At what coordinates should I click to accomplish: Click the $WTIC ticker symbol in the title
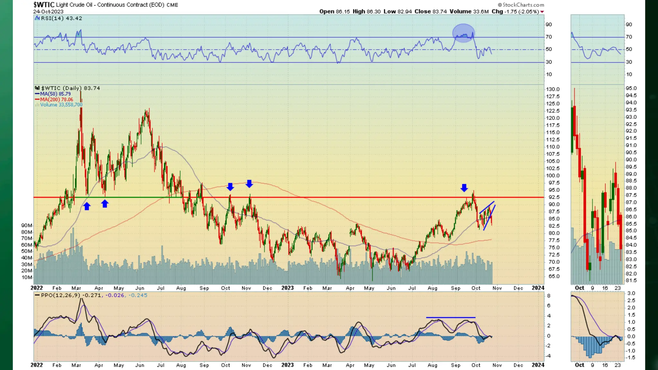[x=44, y=5]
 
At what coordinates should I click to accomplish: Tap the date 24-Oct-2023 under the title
[x=48, y=12]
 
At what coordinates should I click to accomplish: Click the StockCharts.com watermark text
[x=521, y=5]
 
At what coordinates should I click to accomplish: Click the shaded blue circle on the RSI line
[x=463, y=33]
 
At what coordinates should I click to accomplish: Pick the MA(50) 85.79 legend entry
[x=55, y=94]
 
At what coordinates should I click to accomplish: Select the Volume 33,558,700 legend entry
[x=61, y=105]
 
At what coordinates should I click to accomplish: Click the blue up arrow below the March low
[x=87, y=206]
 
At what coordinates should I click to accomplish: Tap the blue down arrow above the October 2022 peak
[x=230, y=187]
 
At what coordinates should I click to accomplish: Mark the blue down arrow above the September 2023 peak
[x=464, y=188]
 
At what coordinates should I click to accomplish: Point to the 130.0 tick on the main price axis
[x=553, y=89]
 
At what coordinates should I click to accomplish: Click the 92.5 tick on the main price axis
[x=554, y=197]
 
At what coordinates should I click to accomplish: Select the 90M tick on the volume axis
[x=27, y=225]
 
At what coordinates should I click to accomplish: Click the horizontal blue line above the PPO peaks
[x=450, y=317]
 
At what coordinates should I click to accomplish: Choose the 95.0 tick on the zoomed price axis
[x=631, y=88]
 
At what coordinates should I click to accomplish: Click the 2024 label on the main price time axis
[x=538, y=288]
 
